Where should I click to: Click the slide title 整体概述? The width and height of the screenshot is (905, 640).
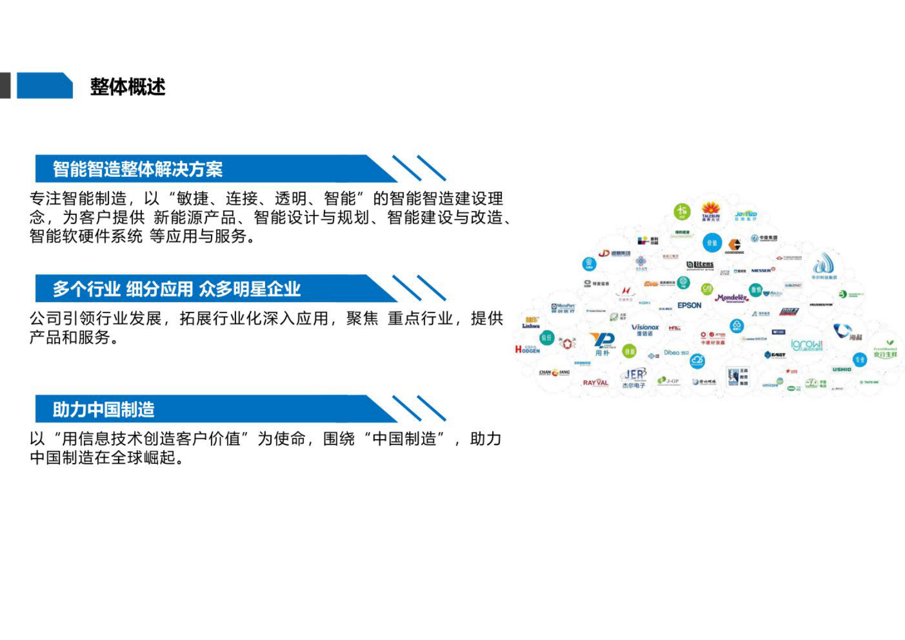click(x=128, y=87)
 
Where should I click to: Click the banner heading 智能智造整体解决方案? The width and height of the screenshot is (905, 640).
click(x=137, y=169)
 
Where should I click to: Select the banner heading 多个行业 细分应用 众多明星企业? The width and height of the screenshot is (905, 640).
click(x=176, y=289)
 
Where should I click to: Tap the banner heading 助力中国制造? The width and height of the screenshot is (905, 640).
click(x=103, y=409)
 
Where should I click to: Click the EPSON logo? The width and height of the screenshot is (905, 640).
click(x=689, y=305)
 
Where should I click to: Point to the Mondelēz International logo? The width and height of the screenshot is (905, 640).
click(x=732, y=298)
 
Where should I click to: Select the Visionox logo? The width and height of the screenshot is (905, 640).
click(x=645, y=329)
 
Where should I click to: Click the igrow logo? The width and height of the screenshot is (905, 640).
click(x=807, y=345)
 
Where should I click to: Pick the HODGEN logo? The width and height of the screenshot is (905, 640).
click(x=527, y=350)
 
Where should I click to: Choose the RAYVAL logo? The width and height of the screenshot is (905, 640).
click(x=595, y=383)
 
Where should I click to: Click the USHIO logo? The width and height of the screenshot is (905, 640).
click(x=842, y=370)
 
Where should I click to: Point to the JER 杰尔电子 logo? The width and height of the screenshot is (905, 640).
click(x=634, y=378)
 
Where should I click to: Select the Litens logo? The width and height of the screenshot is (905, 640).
click(x=700, y=265)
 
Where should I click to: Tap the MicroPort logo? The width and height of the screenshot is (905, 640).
click(x=563, y=308)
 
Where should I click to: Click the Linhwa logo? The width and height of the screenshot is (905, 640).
click(x=531, y=323)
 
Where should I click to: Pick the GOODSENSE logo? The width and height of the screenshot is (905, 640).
click(x=734, y=246)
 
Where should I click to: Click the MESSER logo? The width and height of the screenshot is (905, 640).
click(x=762, y=270)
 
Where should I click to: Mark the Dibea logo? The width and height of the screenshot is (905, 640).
click(x=676, y=353)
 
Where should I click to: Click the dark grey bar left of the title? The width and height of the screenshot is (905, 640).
click(x=5, y=86)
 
